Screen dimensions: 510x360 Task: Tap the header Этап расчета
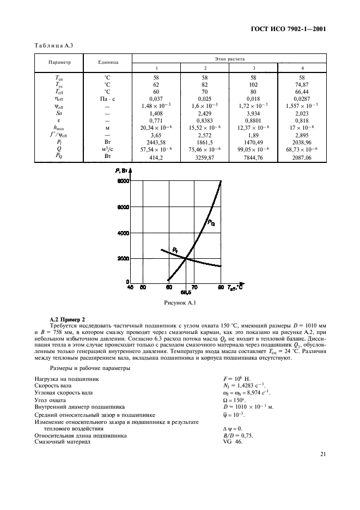229,57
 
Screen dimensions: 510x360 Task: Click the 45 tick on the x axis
130,287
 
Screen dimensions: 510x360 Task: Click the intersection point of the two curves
186,258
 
